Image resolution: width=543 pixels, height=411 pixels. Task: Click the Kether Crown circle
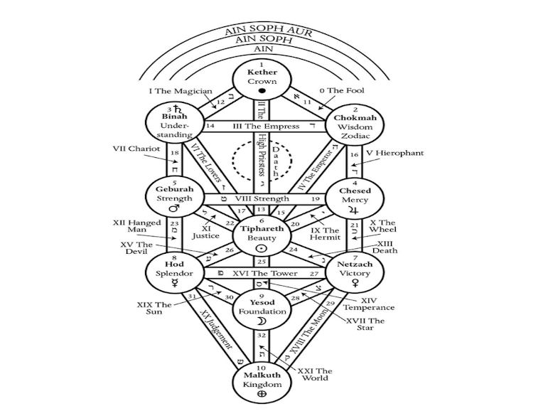(x=262, y=82)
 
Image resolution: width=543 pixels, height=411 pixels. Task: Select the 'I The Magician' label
(x=181, y=91)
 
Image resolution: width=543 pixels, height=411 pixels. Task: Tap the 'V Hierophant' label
(x=384, y=152)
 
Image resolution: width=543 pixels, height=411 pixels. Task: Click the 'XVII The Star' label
(x=365, y=324)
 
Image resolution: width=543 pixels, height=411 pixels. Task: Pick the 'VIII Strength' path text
(x=262, y=198)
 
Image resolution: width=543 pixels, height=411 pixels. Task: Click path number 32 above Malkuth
(x=262, y=334)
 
